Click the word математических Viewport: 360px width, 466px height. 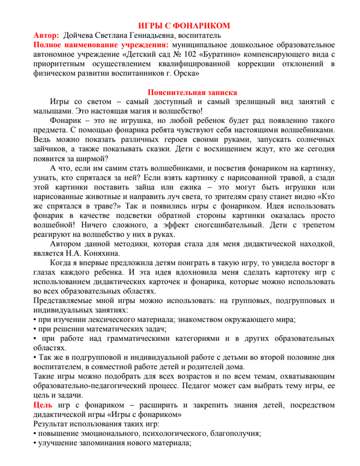coord(115,329)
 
